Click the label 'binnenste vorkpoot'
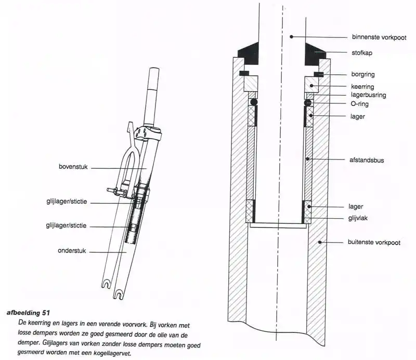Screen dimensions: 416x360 pyautogui.click(x=379, y=37)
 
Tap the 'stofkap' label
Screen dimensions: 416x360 pyautogui.click(x=362, y=53)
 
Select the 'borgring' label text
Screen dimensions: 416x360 pyautogui.click(x=362, y=74)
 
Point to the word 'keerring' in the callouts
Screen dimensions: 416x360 pyautogui.click(x=362, y=87)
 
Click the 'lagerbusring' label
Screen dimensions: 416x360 pyautogui.click(x=368, y=95)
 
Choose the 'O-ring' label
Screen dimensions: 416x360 pyautogui.click(x=359, y=104)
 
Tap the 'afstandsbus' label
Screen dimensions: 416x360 pyautogui.click(x=367, y=160)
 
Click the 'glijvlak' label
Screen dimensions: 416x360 pyautogui.click(x=358, y=218)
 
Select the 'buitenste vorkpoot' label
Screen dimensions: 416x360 pyautogui.click(x=374, y=242)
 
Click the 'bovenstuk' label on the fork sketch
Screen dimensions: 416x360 pyautogui.click(x=73, y=167)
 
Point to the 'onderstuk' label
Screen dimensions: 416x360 pyautogui.click(x=72, y=251)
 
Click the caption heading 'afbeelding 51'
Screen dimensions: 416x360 pyautogui.click(x=28, y=313)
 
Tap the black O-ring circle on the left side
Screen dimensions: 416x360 pyautogui.click(x=253, y=102)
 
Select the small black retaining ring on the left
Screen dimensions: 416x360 pyautogui.click(x=244, y=73)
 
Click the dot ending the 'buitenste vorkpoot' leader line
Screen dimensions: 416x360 pyautogui.click(x=320, y=242)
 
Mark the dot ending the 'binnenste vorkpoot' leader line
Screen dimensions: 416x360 pyautogui.click(x=291, y=36)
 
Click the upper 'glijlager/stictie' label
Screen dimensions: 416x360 pyautogui.click(x=67, y=202)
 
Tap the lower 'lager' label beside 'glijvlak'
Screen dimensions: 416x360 pyautogui.click(x=356, y=207)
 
